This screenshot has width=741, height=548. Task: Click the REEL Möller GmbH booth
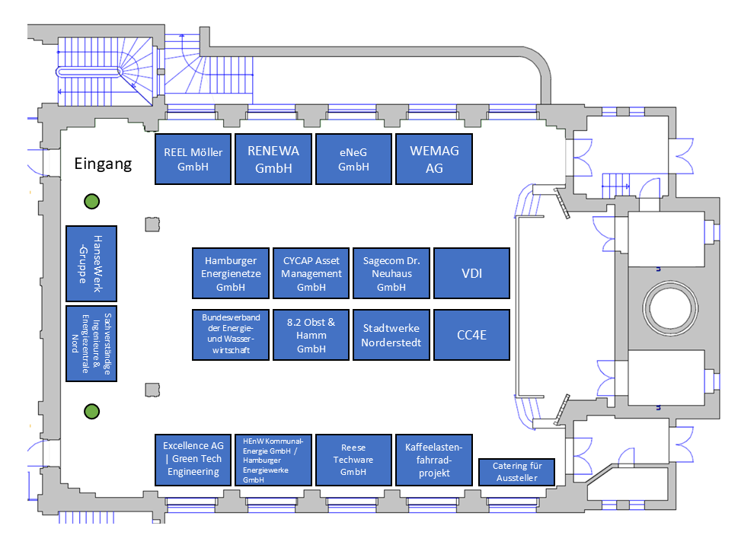pos(193,159)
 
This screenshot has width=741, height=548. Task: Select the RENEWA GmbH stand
pos(273,159)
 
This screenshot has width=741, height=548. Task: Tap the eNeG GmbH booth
pos(353,159)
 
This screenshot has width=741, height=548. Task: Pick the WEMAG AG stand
pos(434,159)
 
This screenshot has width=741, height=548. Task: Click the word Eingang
pos(103,164)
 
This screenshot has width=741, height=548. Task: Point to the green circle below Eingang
pos(91,202)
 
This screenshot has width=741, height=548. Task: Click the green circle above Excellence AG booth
pos(91,412)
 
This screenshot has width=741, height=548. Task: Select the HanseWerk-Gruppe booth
pos(91,263)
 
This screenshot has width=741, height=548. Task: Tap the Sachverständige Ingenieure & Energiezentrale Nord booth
pos(91,343)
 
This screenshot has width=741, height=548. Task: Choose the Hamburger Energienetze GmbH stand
pos(231,273)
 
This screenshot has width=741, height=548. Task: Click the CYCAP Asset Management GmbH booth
pos(311,273)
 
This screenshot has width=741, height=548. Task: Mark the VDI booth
pos(471,273)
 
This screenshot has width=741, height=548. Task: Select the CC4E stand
pos(471,335)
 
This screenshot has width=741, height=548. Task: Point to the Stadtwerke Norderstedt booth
pos(391,335)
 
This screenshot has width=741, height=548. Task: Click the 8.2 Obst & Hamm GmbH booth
pos(311,335)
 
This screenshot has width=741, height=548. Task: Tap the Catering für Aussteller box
pos(516,472)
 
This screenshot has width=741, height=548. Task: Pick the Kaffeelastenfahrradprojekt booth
pos(434,460)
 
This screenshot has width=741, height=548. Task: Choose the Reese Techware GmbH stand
pos(353,460)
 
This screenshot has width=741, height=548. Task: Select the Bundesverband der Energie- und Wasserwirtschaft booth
pos(231,335)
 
